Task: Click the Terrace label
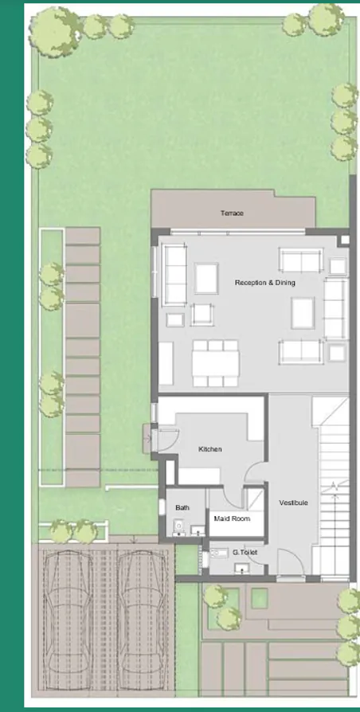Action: coord(233,213)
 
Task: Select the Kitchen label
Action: coord(210,449)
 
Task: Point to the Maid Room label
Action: coord(232,518)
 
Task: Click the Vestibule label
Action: coord(293,503)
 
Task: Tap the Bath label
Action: coord(183,507)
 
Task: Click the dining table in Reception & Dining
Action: coord(214,358)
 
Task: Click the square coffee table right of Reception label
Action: coord(303,312)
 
